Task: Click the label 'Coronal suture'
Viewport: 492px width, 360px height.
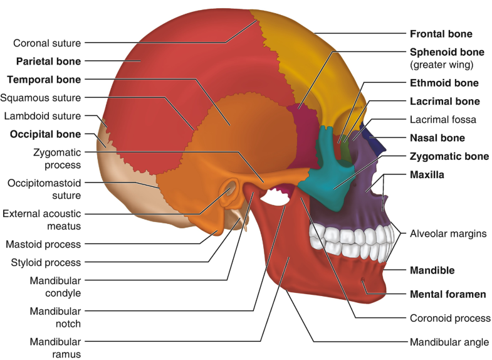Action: [x=48, y=43]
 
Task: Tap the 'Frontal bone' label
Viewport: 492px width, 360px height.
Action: [x=441, y=34]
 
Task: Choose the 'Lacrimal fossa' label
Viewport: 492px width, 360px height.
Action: [x=442, y=119]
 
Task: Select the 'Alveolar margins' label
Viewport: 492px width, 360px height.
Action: [x=448, y=233]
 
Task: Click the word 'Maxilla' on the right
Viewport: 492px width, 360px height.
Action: [x=427, y=176]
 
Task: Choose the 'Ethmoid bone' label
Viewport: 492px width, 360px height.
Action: [x=444, y=83]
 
